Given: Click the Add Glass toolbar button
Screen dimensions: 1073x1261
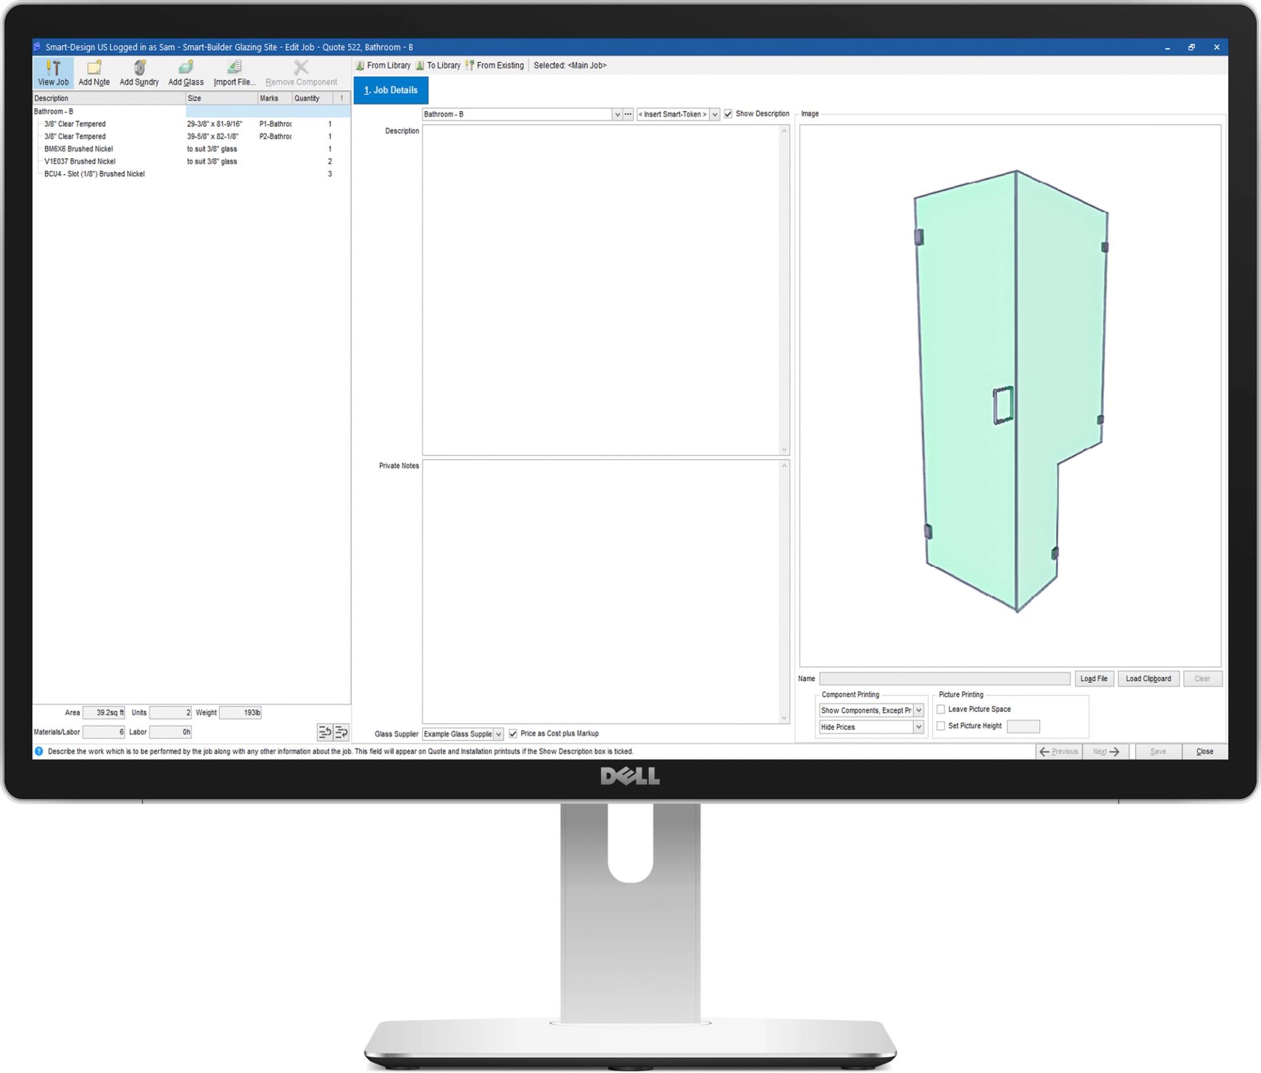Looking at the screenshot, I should point(186,72).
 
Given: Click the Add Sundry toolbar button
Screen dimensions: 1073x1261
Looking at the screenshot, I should point(139,72).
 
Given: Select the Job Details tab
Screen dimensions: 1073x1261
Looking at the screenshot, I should point(391,91).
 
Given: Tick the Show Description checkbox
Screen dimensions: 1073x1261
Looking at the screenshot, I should point(728,114).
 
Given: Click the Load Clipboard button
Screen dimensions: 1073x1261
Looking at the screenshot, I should point(1147,679).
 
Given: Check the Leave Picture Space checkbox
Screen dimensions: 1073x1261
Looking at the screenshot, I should point(940,710).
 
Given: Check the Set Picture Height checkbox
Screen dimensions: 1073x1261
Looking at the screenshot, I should point(940,726).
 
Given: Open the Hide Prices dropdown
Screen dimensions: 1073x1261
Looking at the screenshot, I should point(918,728).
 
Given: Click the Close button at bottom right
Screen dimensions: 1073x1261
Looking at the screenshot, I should point(1204,752).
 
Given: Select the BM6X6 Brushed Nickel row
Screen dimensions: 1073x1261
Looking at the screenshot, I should point(79,149).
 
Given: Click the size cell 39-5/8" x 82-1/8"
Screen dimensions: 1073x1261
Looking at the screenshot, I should point(213,137).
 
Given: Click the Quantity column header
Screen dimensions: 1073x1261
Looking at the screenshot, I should point(307,99).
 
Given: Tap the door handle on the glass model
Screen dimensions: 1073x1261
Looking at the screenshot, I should point(1002,406).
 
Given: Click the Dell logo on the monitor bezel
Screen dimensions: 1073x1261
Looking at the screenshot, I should point(630,777).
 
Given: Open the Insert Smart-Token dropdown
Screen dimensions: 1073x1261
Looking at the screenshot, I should point(715,115).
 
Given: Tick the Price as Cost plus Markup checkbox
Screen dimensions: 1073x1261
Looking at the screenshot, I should point(513,734).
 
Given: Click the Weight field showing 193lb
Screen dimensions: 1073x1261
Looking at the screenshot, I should point(240,713).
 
